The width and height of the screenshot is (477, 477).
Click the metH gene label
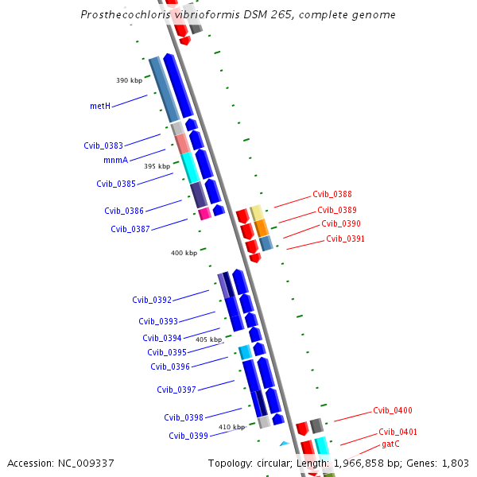point(99,106)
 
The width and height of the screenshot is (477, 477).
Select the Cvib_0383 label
point(103,145)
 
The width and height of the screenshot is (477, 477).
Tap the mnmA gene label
point(115,160)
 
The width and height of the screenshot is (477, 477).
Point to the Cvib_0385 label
point(116,184)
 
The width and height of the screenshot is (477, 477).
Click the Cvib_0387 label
point(130,229)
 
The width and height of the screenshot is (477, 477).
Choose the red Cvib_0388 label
point(332,194)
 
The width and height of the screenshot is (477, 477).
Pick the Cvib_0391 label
point(345,238)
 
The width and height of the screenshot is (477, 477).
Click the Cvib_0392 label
point(152,300)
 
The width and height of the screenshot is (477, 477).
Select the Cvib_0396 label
point(170,366)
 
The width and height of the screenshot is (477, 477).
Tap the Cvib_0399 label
point(188,436)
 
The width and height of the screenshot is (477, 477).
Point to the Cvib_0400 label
point(393,411)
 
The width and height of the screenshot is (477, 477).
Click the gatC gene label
point(390,444)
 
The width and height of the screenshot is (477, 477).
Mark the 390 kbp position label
point(129,80)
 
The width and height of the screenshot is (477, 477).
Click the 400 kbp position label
point(184,253)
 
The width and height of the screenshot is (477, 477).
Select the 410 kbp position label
point(231,427)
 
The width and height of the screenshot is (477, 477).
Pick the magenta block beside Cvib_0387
point(204,213)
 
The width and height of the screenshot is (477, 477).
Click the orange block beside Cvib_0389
point(261,227)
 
